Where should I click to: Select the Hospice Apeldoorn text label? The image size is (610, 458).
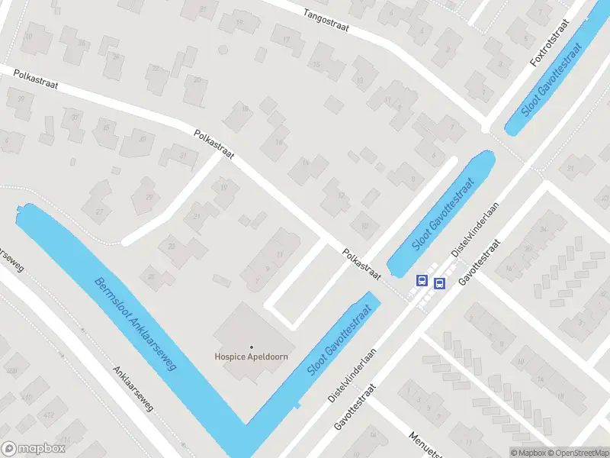coord(250,356)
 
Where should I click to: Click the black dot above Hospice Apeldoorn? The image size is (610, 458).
coord(251,347)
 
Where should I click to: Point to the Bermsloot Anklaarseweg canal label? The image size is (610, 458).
coord(135,325)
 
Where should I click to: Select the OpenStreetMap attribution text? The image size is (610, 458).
coord(578,453)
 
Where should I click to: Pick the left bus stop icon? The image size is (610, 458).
coord(421,280)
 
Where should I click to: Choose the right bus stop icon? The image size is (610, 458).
coord(439,284)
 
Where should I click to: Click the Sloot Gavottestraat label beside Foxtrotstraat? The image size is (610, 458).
coord(551,79)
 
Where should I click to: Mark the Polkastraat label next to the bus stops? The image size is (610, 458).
coord(361,263)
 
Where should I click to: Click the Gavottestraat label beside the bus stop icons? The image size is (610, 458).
coord(480,263)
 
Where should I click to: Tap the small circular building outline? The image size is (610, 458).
coord(223,49)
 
